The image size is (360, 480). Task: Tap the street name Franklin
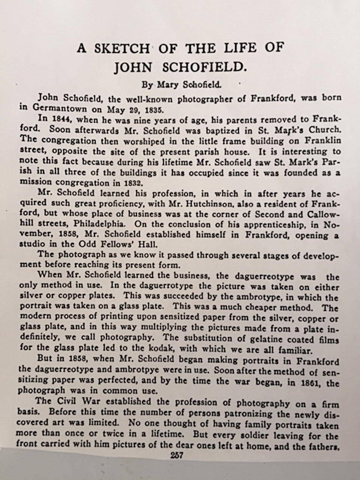[323, 141]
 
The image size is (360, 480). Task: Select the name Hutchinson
[208, 204]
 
